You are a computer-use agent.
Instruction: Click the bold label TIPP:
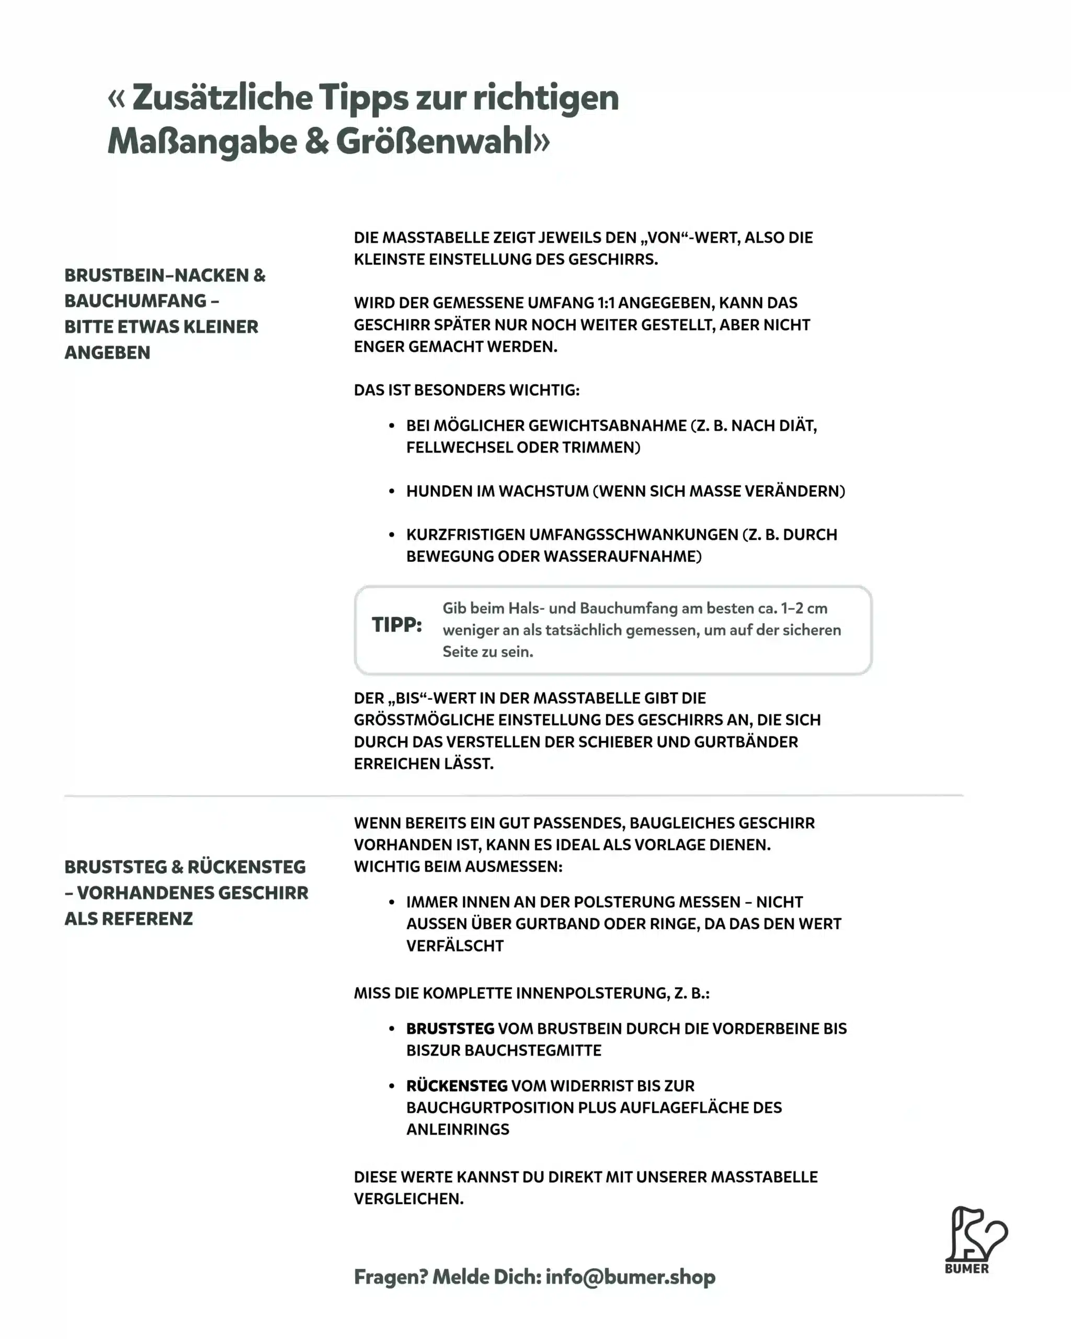point(397,625)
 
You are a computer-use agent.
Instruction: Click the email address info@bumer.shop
point(630,1277)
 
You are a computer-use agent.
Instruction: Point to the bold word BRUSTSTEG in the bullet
point(450,1028)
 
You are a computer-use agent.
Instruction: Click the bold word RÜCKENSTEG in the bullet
point(457,1086)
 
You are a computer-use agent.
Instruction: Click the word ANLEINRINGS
point(458,1129)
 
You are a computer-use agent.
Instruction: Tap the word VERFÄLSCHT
point(454,946)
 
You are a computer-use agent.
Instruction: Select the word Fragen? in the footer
point(391,1277)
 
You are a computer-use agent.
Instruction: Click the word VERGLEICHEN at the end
point(408,1199)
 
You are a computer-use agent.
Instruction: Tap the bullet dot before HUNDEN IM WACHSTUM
point(391,491)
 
